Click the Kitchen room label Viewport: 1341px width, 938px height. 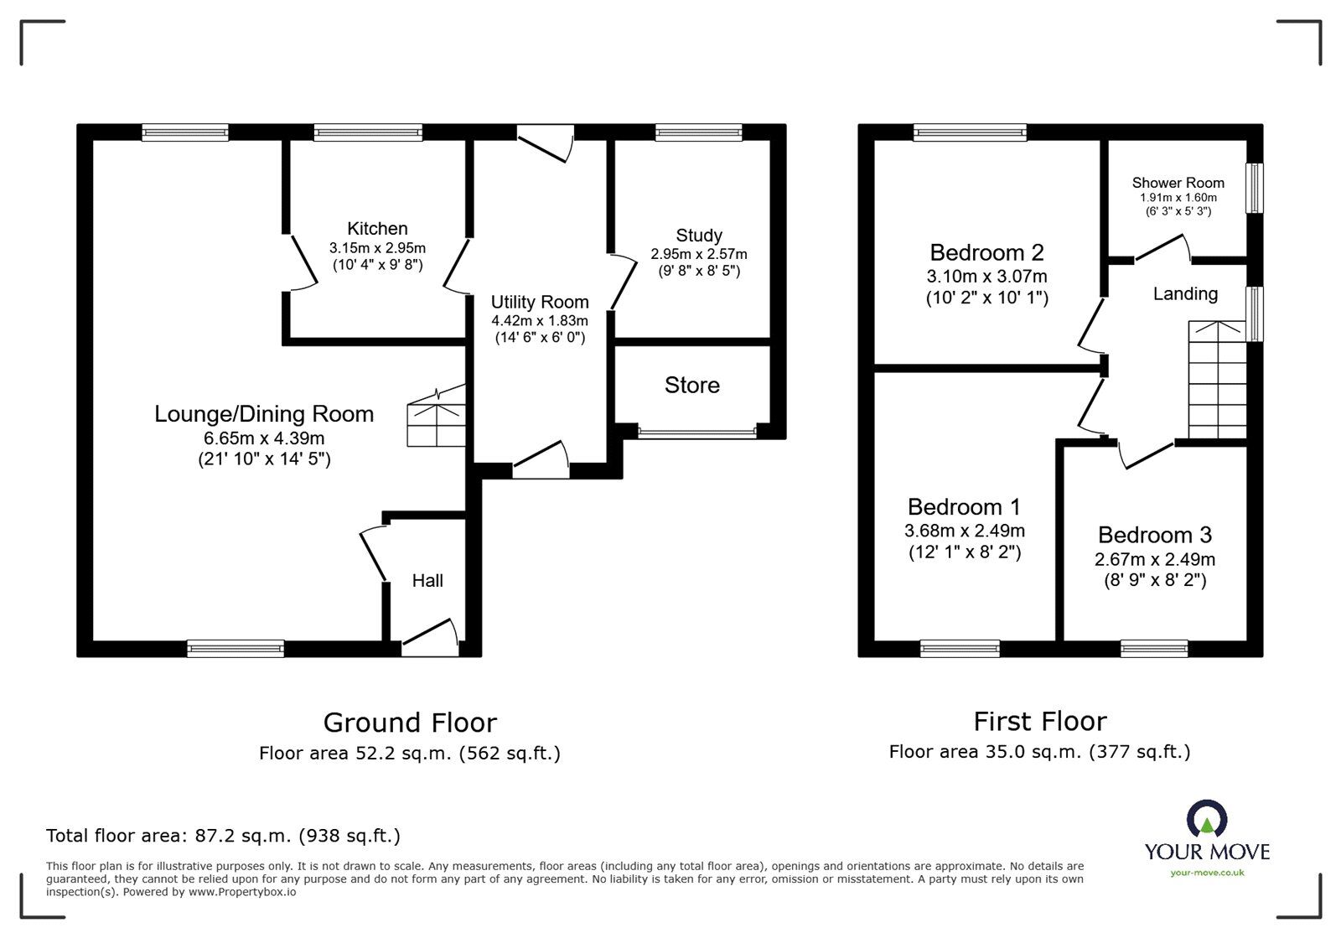tap(377, 229)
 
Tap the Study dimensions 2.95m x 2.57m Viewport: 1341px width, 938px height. tap(699, 254)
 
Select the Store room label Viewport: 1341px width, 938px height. tap(691, 385)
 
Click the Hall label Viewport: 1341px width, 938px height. tap(427, 581)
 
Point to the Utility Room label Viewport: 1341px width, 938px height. tap(540, 302)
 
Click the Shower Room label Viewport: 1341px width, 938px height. tap(1178, 183)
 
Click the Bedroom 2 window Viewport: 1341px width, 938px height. tap(970, 132)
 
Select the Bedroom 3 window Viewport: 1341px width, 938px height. tap(1154, 648)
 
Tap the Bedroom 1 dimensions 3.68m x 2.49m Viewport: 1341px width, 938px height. tap(965, 531)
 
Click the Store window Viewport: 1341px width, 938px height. tap(696, 433)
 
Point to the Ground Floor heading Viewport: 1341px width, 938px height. tap(410, 723)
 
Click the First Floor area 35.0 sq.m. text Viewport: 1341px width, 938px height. tap(1039, 752)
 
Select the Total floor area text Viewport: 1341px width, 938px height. tap(223, 836)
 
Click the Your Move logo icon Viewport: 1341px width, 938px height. tap(1207, 820)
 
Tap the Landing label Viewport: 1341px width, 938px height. tap(1185, 293)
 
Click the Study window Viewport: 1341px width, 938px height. tap(698, 132)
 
